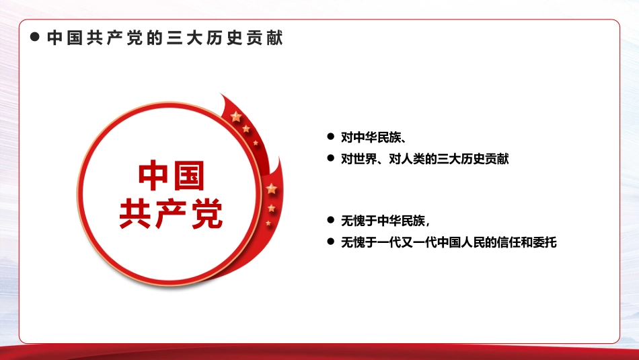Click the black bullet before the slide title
click(35, 38)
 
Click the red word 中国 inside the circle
click(171, 176)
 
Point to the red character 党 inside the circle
click(206, 213)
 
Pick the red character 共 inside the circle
click(135, 213)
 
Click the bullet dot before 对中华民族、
click(330, 137)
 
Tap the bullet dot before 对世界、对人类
click(330, 158)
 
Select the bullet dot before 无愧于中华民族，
click(330, 219)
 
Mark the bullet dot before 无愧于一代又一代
click(330, 241)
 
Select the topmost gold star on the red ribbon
click(236, 117)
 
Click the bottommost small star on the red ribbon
click(268, 223)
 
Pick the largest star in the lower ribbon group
click(271, 188)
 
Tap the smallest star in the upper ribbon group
click(255, 143)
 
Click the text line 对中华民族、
click(372, 137)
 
